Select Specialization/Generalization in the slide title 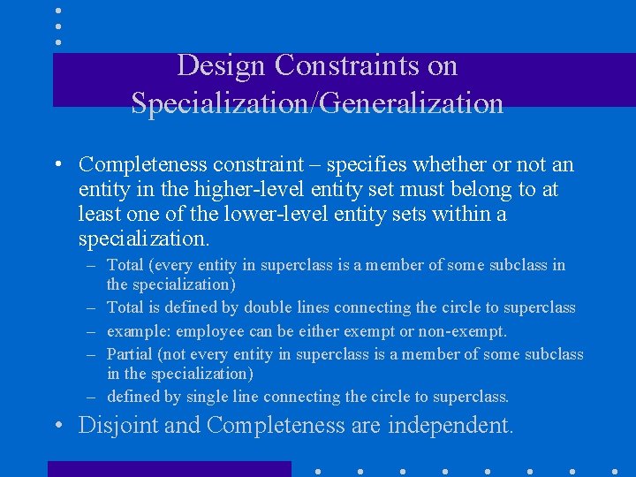(x=317, y=103)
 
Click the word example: (x=139, y=331)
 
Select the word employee (x=211, y=331)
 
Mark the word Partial (x=129, y=354)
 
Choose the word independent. (x=449, y=426)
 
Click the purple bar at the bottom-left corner (x=169, y=468)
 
